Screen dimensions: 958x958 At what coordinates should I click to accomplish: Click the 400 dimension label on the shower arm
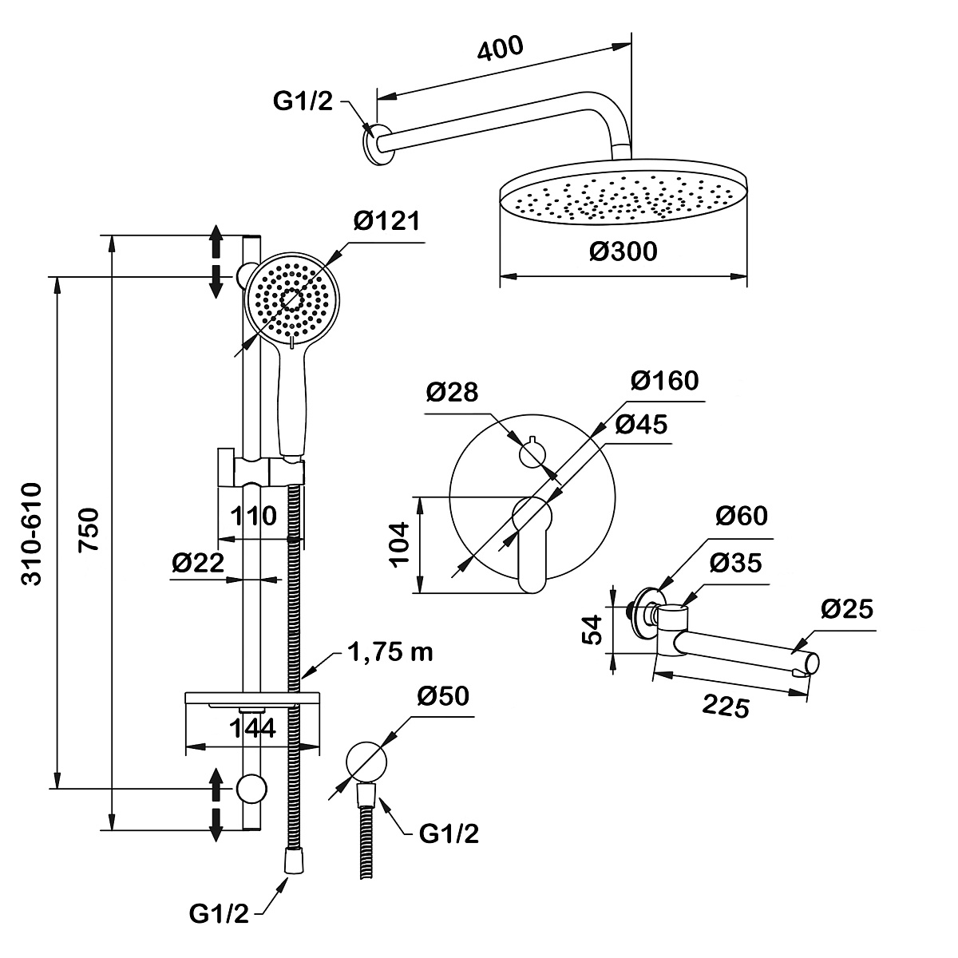(x=500, y=48)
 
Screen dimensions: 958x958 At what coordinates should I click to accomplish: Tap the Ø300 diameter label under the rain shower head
(x=623, y=251)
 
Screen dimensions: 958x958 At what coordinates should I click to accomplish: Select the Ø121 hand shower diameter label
(x=386, y=220)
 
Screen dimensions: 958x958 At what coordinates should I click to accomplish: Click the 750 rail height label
(x=89, y=530)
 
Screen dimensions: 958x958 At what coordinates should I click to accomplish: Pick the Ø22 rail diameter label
(x=198, y=563)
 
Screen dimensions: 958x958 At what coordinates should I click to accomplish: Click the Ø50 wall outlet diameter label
(x=443, y=696)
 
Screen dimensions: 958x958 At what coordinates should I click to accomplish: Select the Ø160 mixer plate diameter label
(x=665, y=380)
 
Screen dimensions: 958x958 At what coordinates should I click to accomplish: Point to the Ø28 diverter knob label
(x=452, y=392)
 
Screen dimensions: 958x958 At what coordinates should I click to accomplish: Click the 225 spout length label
(x=726, y=707)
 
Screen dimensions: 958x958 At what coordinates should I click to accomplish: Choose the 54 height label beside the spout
(x=592, y=630)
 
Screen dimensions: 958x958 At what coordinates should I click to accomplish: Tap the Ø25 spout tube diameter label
(x=847, y=609)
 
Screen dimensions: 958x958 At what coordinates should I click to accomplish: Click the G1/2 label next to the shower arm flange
(x=303, y=101)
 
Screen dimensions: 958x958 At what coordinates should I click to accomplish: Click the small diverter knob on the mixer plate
(x=532, y=453)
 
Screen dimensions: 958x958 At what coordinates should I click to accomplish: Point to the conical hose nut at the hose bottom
(x=294, y=866)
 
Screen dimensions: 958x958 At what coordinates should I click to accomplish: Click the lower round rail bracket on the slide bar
(x=251, y=789)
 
